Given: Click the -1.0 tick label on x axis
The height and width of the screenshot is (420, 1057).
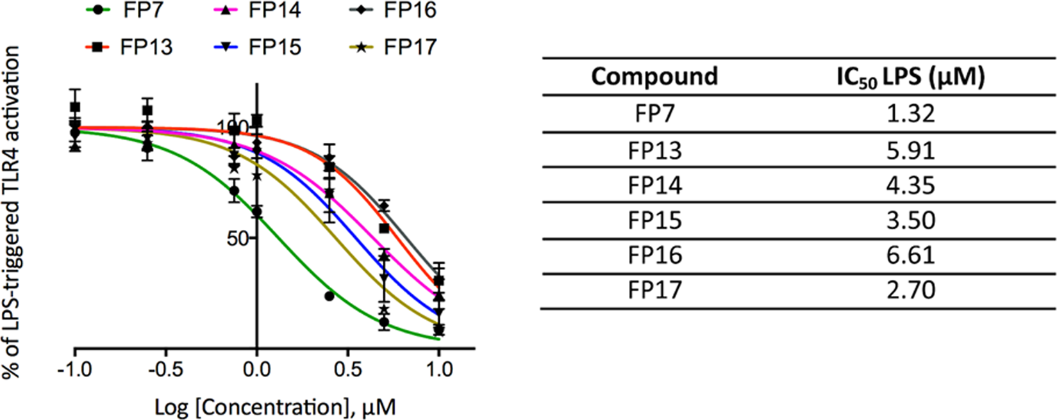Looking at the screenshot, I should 75,369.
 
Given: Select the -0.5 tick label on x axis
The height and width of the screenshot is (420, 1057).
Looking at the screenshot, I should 165,369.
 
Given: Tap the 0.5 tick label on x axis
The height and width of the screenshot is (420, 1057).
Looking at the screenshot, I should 347,369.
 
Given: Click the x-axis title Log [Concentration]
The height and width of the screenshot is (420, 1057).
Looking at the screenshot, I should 275,407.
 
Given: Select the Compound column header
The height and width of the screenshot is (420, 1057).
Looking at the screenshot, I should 654,77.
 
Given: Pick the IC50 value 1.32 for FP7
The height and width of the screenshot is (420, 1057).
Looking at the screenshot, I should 910,114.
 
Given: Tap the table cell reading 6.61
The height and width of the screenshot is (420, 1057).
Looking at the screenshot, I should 910,255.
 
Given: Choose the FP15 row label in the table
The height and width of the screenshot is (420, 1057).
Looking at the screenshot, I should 654,221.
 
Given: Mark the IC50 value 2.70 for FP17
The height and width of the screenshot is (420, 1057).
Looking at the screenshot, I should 910,291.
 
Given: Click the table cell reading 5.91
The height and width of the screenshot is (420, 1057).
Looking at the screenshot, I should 910,150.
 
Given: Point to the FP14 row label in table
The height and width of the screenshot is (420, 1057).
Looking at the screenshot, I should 654,186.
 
